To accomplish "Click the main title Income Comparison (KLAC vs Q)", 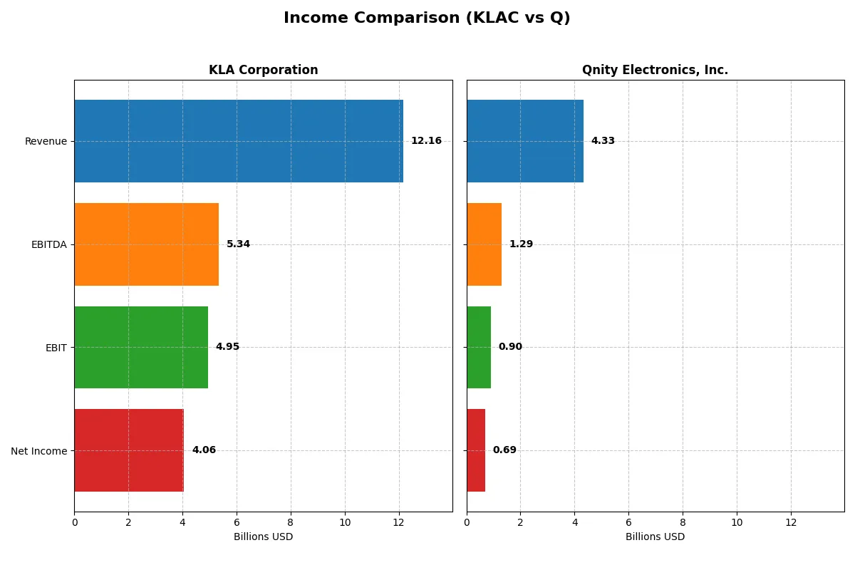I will (x=427, y=18).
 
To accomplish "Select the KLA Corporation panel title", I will (x=263, y=70).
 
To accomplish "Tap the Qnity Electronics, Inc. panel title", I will (x=655, y=70).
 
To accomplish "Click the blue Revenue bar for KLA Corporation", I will (x=239, y=141).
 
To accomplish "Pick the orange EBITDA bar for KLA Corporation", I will (x=146, y=244).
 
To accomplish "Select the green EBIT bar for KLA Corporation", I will (x=141, y=347).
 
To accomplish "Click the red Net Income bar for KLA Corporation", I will (x=129, y=450).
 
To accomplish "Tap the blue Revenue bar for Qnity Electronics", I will (x=525, y=141).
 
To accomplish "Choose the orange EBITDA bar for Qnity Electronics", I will (x=484, y=244).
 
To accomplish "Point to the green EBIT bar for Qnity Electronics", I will (x=479, y=347).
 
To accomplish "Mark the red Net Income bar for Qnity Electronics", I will (x=476, y=450).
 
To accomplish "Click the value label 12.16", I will (x=426, y=141).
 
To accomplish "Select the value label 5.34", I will (x=238, y=244).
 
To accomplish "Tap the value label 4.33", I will (x=603, y=141).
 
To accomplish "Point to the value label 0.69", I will (x=504, y=450).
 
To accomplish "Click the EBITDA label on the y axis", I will (x=49, y=244).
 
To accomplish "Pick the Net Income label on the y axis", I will (x=39, y=451).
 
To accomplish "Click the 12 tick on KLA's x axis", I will (x=398, y=522).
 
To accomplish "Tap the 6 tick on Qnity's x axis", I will (x=628, y=522).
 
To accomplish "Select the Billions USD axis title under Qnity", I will (x=655, y=537).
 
